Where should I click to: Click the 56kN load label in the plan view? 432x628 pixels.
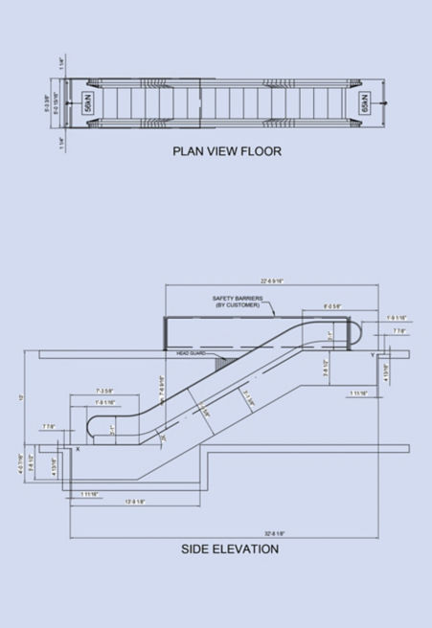point(87,103)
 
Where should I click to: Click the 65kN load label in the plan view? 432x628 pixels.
point(365,103)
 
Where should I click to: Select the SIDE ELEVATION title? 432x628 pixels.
point(230,549)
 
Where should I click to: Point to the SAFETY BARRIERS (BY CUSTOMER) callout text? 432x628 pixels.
point(237,303)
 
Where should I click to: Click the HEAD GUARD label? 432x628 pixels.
point(193,353)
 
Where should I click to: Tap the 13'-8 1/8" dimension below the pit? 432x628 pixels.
point(133,502)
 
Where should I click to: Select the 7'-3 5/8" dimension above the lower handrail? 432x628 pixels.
point(105,391)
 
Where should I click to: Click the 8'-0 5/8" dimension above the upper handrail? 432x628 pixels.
point(332,306)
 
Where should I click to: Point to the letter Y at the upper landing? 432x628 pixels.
point(372,354)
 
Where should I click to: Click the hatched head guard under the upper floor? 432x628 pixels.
point(221,362)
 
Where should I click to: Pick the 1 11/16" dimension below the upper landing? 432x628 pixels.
point(359,393)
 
